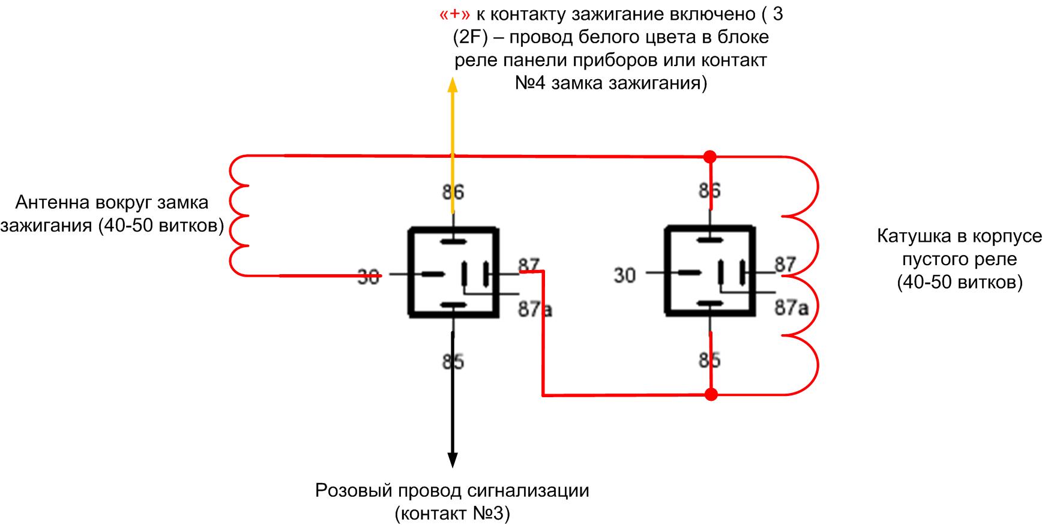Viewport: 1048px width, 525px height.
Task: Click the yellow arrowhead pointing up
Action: (453, 85)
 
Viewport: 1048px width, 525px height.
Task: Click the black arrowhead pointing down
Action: (453, 458)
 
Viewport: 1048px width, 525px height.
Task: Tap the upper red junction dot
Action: (710, 157)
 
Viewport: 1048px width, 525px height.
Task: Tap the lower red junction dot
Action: (711, 395)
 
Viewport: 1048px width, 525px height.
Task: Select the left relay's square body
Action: (453, 272)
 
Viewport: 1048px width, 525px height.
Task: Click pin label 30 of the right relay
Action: (624, 275)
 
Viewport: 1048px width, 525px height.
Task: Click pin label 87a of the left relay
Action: (535, 309)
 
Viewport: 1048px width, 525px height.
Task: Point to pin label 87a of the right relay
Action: (791, 308)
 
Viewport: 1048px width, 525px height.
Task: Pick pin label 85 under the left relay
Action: (453, 362)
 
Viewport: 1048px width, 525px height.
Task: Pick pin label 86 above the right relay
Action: (709, 191)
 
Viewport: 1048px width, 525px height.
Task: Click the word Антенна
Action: (52, 202)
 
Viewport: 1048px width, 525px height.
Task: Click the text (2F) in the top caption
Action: (471, 37)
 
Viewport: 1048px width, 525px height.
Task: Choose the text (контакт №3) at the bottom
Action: (453, 514)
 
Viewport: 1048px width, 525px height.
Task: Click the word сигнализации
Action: (528, 491)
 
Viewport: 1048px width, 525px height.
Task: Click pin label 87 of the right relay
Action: (785, 264)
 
